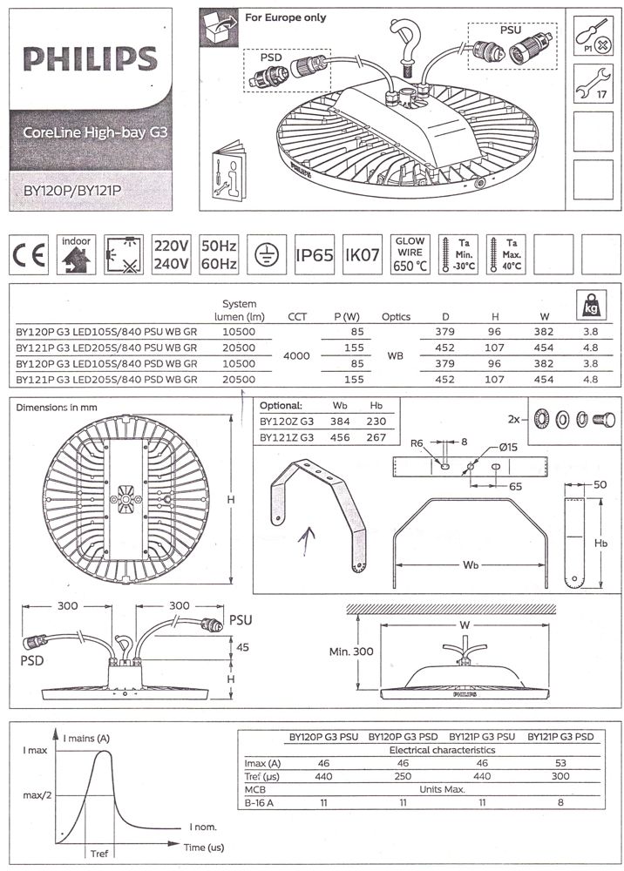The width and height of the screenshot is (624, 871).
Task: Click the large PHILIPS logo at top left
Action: click(x=91, y=58)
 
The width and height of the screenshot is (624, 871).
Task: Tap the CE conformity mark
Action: click(x=29, y=255)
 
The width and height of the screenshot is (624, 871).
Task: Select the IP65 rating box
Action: click(x=315, y=255)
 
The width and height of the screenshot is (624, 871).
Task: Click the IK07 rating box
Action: click(x=363, y=255)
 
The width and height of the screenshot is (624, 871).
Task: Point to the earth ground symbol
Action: click(x=267, y=255)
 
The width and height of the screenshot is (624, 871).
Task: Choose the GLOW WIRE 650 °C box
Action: click(x=410, y=255)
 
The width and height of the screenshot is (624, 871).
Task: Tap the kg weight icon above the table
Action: click(x=591, y=305)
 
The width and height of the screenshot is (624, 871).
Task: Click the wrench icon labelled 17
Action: click(x=593, y=84)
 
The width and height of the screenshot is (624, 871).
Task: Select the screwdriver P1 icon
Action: click(x=593, y=36)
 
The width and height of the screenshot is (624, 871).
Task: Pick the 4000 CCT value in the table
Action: click(x=296, y=355)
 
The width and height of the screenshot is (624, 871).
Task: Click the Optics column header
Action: click(x=397, y=317)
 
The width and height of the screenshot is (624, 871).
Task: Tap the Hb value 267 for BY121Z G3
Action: click(x=376, y=437)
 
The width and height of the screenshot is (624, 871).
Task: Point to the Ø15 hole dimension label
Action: click(x=508, y=447)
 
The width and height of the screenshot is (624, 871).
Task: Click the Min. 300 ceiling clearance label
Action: click(x=351, y=651)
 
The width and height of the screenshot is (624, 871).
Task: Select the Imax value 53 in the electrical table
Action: click(x=560, y=763)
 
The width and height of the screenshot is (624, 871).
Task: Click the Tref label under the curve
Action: click(x=98, y=854)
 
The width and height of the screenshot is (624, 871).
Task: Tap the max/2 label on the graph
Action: click(x=37, y=795)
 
